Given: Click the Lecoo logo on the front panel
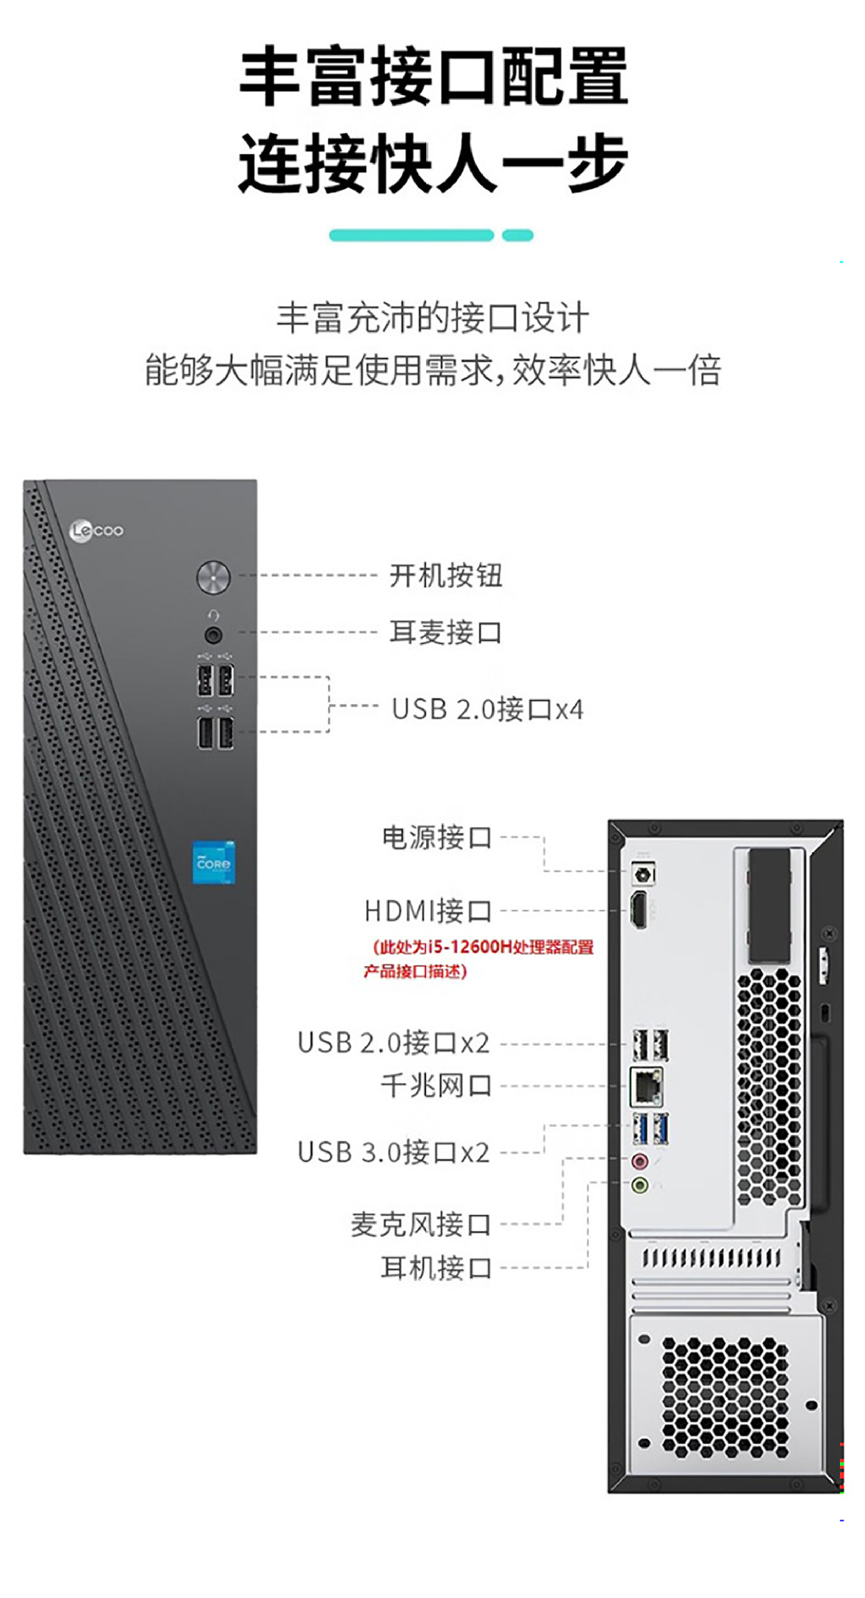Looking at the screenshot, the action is click(97, 530).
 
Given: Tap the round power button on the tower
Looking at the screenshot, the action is click(213, 577).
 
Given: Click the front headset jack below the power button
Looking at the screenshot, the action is click(213, 635).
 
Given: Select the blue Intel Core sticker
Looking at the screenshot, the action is click(214, 862).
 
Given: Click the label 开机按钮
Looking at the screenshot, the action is click(445, 575).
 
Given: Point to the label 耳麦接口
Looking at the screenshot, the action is click(445, 633).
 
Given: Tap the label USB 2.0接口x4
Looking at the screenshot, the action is click(487, 709).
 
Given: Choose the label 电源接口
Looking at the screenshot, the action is click(436, 837).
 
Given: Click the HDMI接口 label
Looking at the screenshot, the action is click(428, 911).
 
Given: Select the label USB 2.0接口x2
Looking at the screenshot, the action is click(393, 1043).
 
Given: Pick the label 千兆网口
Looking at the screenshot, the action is click(435, 1085).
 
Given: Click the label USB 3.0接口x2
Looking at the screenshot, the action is click(393, 1153).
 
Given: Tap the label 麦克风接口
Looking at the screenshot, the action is click(420, 1224).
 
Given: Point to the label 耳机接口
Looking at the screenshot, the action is click(435, 1268).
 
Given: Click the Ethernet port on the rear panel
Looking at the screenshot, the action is click(648, 1084).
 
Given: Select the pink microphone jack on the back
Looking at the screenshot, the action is click(639, 1161).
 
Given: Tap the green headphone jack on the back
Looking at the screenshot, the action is click(639, 1184).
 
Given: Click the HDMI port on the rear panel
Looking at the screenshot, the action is click(639, 910).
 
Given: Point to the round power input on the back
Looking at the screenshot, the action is click(644, 874).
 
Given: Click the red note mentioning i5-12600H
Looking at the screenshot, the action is click(479, 959).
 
